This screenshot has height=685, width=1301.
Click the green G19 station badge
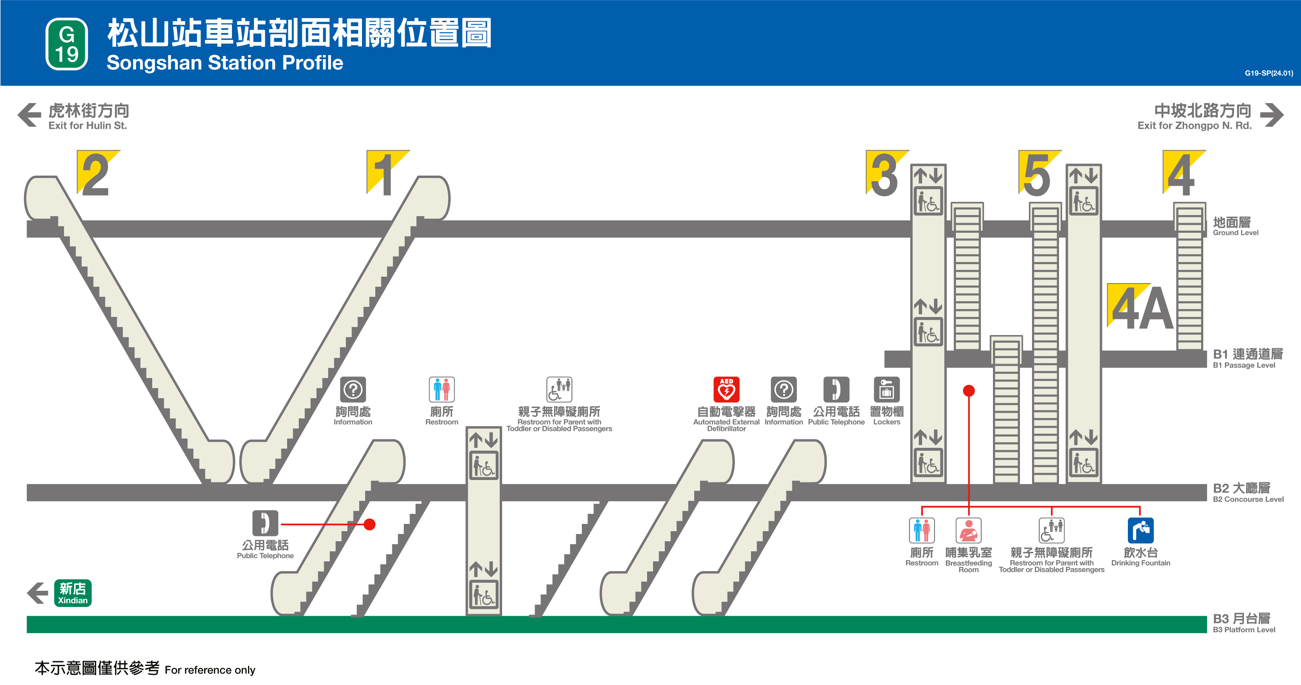pos(67,44)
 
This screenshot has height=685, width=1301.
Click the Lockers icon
pos(886,389)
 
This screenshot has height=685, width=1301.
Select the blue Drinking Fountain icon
pos(1140,530)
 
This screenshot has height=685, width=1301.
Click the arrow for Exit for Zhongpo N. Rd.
pos(1271,115)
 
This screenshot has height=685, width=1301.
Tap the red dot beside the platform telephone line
pos(370,524)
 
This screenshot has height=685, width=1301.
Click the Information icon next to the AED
pos(783,389)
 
